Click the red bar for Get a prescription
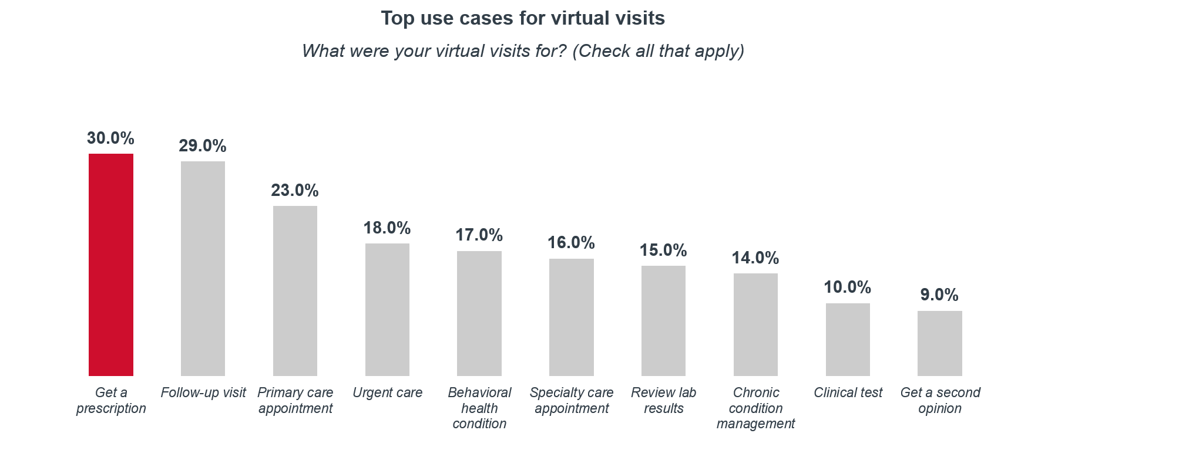click(111, 265)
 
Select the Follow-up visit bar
click(203, 268)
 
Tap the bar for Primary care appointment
click(295, 290)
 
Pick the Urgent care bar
click(387, 309)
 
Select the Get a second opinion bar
click(940, 343)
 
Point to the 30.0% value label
click(110, 138)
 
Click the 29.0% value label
click(203, 146)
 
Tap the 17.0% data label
click(479, 235)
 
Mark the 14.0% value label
click(755, 258)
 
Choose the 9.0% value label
click(939, 295)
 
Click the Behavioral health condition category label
click(479, 408)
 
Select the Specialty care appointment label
click(572, 401)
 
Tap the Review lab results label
click(663, 401)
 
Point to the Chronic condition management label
click(755, 408)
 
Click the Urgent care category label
click(387, 393)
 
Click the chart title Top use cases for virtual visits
click(523, 19)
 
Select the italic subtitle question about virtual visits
click(523, 51)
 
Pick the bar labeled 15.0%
click(663, 320)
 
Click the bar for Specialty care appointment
click(572, 317)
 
